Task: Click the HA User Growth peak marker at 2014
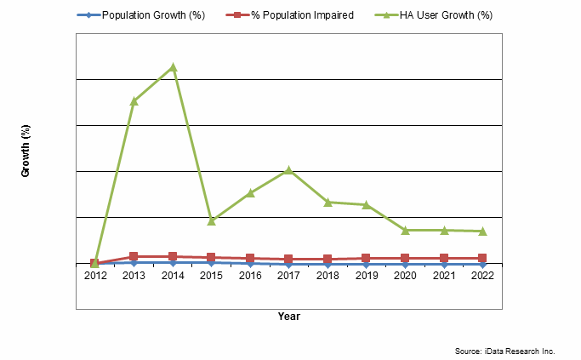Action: pos(173,67)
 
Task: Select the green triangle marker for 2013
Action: pos(134,101)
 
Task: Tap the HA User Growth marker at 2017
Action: pos(288,170)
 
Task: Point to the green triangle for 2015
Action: pos(212,220)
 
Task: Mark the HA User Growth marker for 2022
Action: pos(481,231)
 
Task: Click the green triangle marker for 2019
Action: pos(366,204)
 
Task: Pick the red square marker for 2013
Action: pos(134,256)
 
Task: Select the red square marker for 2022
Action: pos(481,258)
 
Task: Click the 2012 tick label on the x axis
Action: pos(95,276)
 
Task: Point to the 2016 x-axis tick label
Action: pos(250,276)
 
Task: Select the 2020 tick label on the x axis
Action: pos(405,276)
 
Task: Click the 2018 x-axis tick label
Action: pos(328,276)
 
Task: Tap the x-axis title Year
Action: pos(288,316)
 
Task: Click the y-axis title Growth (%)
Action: pos(26,151)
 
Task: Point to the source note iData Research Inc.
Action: pos(504,351)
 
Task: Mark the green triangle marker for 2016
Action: pos(250,193)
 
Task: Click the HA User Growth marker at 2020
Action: pos(405,230)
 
